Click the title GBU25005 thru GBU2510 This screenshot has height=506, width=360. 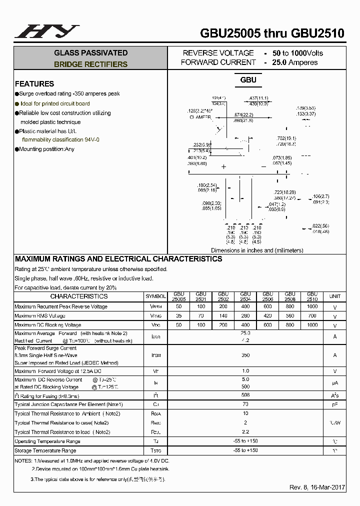tap(272, 33)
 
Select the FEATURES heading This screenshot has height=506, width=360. tap(34, 84)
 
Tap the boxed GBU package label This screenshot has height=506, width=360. tap(248, 80)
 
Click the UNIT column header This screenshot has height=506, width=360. tap(334, 296)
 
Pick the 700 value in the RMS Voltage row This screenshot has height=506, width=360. tap(312, 316)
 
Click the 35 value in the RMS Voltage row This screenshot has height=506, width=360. tap(178, 316)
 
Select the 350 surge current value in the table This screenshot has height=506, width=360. tap(245, 355)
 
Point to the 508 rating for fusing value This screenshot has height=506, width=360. tap(245, 395)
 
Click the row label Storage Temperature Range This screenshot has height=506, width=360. tap(45, 450)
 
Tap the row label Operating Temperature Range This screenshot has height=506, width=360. tap(47, 441)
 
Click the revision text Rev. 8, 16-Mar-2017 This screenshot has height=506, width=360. tap(317, 487)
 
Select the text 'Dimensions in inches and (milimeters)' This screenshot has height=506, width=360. tap(257, 250)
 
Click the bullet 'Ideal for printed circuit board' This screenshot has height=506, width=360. tap(55, 103)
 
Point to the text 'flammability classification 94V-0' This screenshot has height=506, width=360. tap(60, 140)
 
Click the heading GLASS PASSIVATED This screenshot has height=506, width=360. tap(90, 53)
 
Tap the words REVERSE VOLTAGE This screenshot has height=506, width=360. tap(218, 53)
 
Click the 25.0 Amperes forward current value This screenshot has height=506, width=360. tap(295, 62)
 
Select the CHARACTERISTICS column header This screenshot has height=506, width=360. tap(79, 296)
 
